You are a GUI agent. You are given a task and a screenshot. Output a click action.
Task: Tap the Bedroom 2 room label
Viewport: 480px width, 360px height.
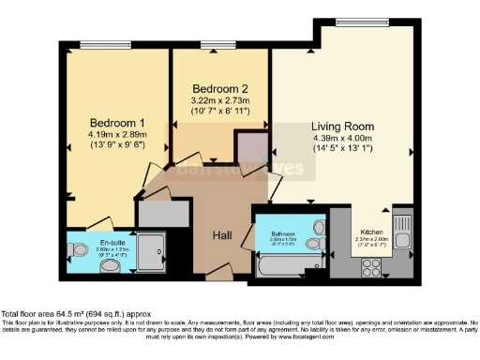click(x=217, y=82)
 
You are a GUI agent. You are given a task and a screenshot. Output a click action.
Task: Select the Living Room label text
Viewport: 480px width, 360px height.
click(x=342, y=126)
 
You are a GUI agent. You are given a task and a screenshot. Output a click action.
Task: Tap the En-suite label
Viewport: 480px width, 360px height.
click(x=112, y=242)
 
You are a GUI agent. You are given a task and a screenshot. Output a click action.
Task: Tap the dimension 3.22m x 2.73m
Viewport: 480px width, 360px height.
click(x=217, y=97)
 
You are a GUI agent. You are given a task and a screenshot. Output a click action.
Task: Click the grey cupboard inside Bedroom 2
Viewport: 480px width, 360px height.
click(x=250, y=147)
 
